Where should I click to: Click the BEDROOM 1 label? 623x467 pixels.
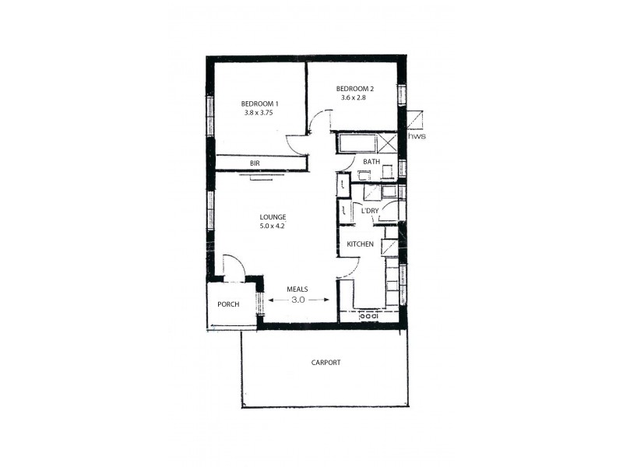(259, 104)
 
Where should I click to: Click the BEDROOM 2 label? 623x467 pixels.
(355, 89)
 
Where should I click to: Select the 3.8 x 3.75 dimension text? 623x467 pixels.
(258, 113)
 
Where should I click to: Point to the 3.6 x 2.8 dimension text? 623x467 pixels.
(351, 98)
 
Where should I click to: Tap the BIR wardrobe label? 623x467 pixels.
(255, 163)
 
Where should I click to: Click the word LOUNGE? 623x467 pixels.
(273, 217)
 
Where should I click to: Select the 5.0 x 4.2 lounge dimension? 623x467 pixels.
(273, 226)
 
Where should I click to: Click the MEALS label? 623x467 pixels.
(297, 289)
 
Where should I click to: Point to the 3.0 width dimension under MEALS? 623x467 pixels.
(297, 299)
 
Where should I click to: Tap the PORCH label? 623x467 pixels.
(228, 304)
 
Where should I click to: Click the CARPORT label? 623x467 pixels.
(326, 363)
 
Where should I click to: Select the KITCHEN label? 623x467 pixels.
(360, 244)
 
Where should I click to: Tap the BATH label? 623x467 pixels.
(371, 162)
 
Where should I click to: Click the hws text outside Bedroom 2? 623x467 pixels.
(417, 135)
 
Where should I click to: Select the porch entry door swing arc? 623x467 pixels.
(234, 266)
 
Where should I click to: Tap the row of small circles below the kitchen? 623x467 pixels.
(369, 316)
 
